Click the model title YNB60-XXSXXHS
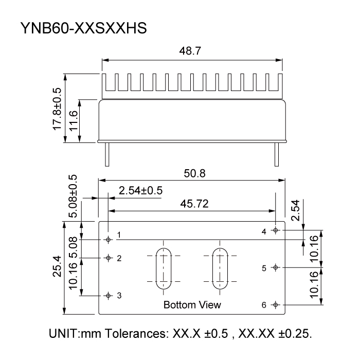point(84,28)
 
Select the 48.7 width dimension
point(191,52)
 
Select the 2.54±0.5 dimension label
point(140,190)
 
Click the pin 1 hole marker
point(108,239)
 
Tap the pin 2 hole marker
point(108,258)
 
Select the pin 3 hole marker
point(108,296)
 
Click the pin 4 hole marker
point(276,230)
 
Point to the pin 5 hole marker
point(276,267)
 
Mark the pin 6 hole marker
point(276,305)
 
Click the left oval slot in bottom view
point(164,267)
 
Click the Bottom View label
point(192,305)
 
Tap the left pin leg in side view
point(106,154)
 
